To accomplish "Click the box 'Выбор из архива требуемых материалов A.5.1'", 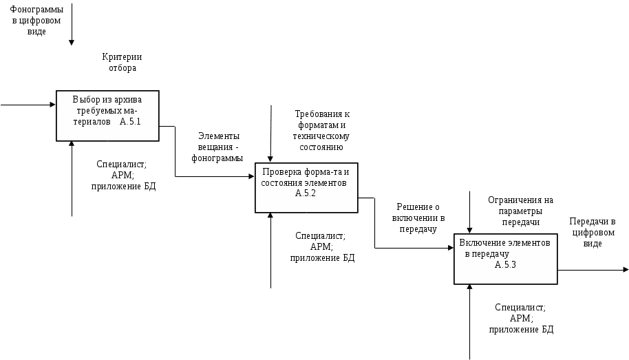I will click(107, 114).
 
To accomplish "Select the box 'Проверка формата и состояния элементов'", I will click(306, 187).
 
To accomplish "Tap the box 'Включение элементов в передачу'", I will click(505, 258).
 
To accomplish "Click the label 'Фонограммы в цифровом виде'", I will click(37, 21).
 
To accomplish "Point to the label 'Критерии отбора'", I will click(122, 62).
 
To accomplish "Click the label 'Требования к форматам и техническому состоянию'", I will click(323, 130).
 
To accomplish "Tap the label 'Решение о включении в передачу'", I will click(418, 218).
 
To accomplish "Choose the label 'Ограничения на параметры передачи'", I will click(520, 211).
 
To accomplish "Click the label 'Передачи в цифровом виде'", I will click(593, 232).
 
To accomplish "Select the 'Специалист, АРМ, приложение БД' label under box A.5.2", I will click(321, 246).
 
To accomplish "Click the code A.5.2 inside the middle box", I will click(305, 193).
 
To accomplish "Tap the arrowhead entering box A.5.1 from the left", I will click(52, 105).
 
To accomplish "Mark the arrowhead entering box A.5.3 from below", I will click(470, 287).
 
